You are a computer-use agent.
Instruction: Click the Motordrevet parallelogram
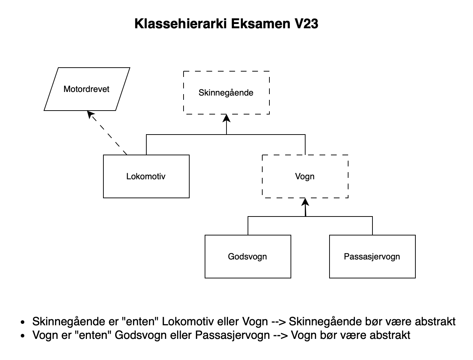87,89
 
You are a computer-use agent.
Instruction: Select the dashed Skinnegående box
226,93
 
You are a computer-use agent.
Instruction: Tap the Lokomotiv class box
146,176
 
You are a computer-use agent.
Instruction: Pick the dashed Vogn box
305,176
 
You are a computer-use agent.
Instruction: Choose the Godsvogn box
248,257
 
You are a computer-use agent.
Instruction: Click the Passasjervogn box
372,257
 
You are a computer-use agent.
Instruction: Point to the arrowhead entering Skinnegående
226,118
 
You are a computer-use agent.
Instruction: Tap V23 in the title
306,24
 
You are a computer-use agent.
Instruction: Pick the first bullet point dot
23,322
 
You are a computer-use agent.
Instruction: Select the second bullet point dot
23,336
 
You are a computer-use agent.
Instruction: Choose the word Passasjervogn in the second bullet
232,335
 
